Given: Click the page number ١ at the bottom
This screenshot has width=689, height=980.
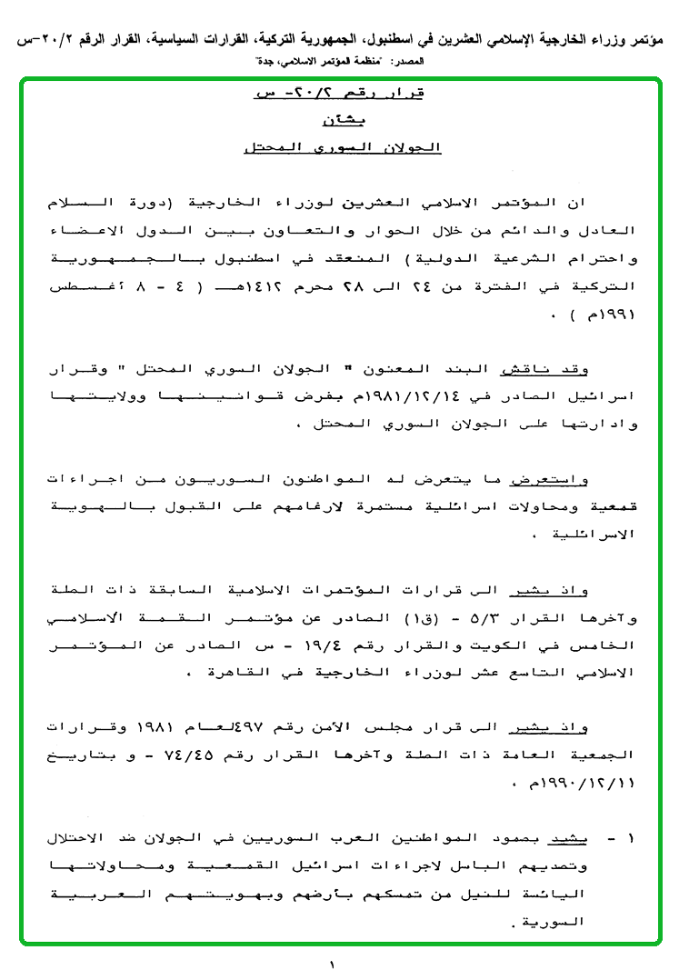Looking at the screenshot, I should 332,962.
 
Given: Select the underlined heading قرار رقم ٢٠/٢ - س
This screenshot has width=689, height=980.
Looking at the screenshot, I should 343,94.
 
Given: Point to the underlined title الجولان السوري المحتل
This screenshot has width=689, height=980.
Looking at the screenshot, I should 342,147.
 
